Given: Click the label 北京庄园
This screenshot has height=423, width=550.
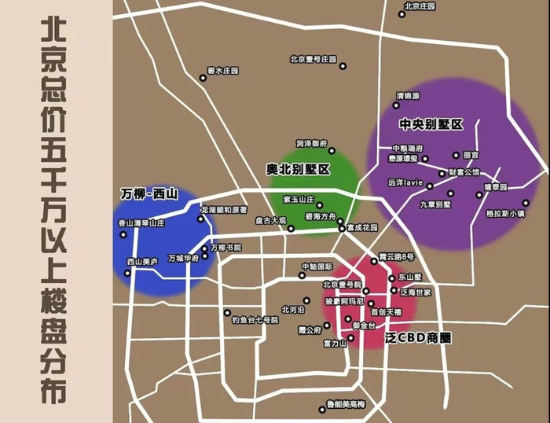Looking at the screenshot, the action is (x=420, y=6).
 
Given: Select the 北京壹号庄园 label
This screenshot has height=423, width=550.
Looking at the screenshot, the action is (x=313, y=59).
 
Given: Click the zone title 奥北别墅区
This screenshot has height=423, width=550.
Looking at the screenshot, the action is (x=297, y=169).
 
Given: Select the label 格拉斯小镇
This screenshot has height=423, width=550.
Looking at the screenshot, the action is (x=506, y=212).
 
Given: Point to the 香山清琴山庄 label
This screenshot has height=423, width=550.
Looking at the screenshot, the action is (x=141, y=223).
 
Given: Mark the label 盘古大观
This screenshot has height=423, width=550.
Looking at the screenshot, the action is (x=271, y=221).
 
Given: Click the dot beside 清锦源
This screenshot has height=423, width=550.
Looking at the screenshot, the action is (x=397, y=105).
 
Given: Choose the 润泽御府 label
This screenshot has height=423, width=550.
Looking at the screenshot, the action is (x=311, y=143).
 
